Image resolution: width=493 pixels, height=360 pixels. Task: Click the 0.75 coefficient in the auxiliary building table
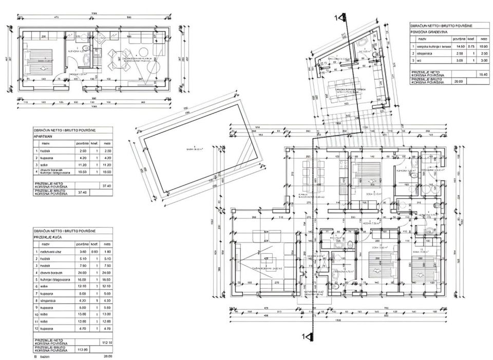tap(470, 46)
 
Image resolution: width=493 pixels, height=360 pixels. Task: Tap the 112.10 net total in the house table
tap(107, 342)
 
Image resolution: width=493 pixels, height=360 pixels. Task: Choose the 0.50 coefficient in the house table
tap(94, 251)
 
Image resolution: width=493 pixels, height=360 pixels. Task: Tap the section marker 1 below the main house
tap(306, 336)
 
